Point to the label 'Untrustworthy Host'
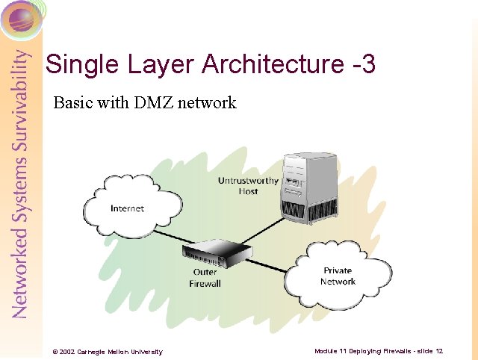tap(248, 186)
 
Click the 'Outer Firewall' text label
tap(205, 278)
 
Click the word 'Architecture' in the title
tap(261, 64)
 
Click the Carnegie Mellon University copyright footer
tap(107, 352)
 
